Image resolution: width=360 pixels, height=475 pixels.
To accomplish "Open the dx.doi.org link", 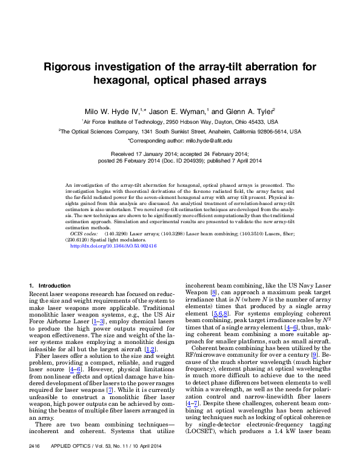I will (113, 246).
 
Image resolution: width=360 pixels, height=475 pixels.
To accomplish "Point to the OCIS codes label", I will (84, 233).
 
